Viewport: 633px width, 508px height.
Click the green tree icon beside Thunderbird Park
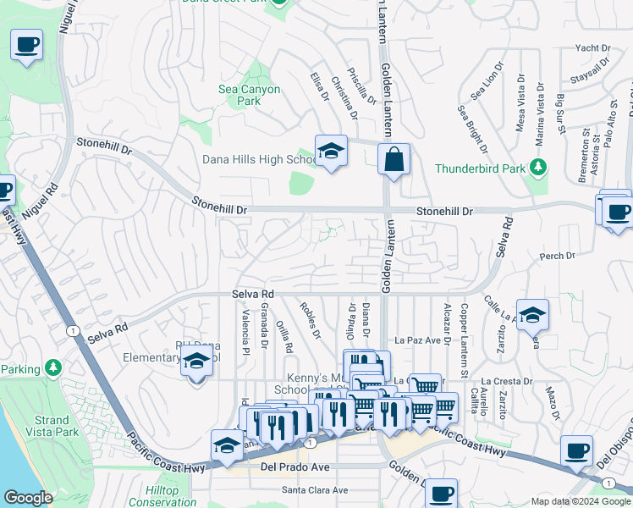click(537, 168)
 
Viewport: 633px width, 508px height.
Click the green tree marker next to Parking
click(54, 368)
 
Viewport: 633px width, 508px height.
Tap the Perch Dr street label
click(557, 255)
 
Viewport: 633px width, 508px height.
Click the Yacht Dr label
click(592, 48)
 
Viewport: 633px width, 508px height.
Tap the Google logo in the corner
click(28, 498)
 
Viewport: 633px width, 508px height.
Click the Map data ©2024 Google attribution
click(580, 501)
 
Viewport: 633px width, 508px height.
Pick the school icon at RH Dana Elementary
click(197, 362)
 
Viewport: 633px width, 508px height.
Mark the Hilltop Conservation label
click(162, 496)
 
